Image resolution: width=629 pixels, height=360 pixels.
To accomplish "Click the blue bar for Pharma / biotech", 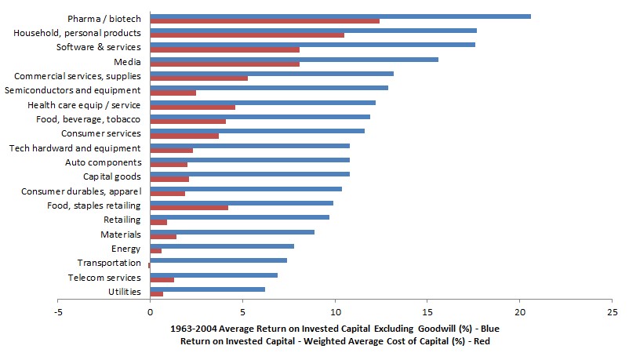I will tap(340, 16).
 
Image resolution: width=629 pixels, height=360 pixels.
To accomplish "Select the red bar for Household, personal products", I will tap(246, 35).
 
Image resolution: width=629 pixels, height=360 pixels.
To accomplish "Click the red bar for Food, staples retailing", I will tap(188, 208).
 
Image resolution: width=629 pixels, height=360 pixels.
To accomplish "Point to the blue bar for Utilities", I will tap(207, 289).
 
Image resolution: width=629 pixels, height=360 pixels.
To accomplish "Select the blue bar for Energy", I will tap(221, 246).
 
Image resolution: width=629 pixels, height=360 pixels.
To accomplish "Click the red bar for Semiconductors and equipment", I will tap(173, 93).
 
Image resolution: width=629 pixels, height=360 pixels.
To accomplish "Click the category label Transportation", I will tap(109, 263).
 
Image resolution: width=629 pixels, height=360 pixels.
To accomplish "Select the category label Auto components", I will tap(103, 162).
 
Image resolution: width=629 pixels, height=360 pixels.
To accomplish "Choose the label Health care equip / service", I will tap(84, 105).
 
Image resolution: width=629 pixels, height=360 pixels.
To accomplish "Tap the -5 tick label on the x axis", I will tap(57, 309).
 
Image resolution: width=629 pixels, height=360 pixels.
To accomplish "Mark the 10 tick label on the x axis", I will tap(334, 309).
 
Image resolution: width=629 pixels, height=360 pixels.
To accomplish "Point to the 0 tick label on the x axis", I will tap(149, 309).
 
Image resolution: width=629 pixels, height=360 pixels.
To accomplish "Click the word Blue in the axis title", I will tap(487, 328).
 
